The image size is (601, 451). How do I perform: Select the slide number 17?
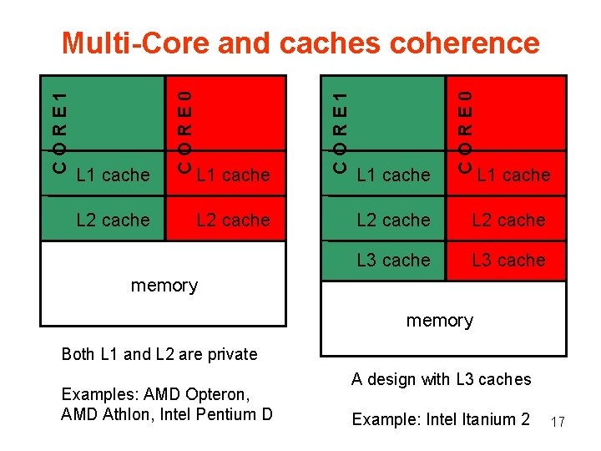point(558,423)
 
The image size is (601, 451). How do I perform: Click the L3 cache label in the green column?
point(393,260)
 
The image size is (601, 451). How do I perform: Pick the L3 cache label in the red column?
point(508,260)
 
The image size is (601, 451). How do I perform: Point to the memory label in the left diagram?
point(164,286)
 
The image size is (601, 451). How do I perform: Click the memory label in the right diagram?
point(440,321)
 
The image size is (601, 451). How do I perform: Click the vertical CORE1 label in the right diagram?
point(340,126)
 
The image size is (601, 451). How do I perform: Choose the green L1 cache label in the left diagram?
point(113,175)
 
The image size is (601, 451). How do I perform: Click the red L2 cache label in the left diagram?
point(233,220)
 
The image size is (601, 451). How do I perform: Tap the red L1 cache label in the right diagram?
point(513,175)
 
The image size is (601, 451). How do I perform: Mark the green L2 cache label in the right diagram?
point(393,220)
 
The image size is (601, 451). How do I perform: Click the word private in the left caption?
point(227,354)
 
